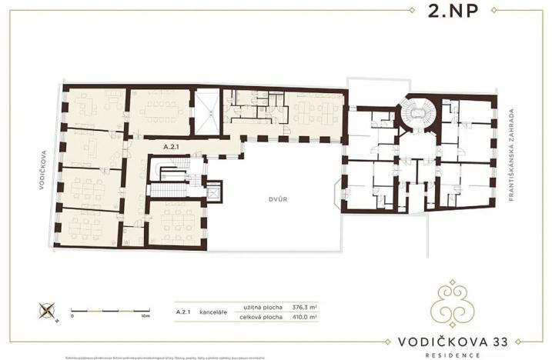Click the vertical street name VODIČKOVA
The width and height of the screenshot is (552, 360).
point(45,163)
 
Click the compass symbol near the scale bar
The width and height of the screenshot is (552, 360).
point(46,312)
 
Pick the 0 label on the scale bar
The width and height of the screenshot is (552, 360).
point(72,315)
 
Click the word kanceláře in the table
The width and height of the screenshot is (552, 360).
point(212,312)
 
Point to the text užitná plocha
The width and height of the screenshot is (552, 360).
point(259,306)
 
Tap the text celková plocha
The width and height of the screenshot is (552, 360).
point(259,316)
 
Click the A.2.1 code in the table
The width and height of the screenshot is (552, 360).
point(182,312)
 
